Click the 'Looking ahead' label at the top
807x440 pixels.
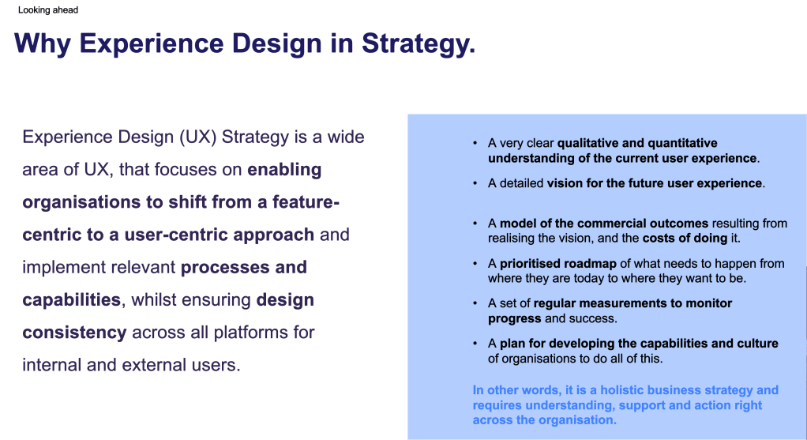(x=48, y=10)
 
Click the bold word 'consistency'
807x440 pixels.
(x=74, y=332)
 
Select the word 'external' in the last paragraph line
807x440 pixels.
(x=121, y=365)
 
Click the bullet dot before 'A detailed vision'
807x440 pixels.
(x=475, y=183)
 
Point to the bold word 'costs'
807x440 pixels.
(x=659, y=239)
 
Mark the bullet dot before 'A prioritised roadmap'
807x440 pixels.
(x=475, y=264)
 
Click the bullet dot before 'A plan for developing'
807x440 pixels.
(x=475, y=344)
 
